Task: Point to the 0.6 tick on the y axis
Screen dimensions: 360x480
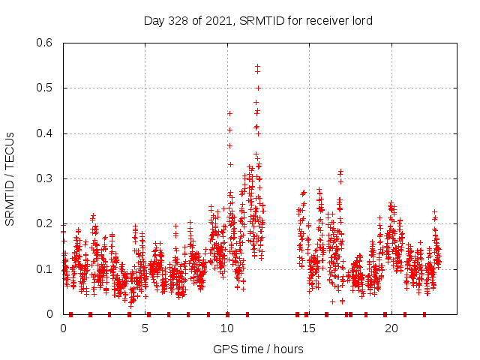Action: (44, 43)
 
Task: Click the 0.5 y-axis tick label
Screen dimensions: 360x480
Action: (44, 88)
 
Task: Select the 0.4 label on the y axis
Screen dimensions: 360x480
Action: (44, 133)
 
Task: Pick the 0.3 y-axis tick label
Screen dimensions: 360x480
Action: (44, 178)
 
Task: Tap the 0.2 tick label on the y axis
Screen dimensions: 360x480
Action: (44, 223)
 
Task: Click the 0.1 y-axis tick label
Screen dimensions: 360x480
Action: (44, 268)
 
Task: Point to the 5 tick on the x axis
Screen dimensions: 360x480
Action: (145, 328)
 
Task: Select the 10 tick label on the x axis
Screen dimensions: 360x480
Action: (227, 328)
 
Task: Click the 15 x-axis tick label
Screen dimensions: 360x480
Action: (309, 328)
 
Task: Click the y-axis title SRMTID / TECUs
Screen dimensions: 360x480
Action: (10, 178)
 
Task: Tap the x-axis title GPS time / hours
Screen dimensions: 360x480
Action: (258, 349)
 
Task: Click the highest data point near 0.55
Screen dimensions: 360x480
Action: (257, 67)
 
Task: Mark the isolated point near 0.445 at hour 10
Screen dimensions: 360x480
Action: (229, 113)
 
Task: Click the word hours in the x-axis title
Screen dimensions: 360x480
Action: (289, 349)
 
